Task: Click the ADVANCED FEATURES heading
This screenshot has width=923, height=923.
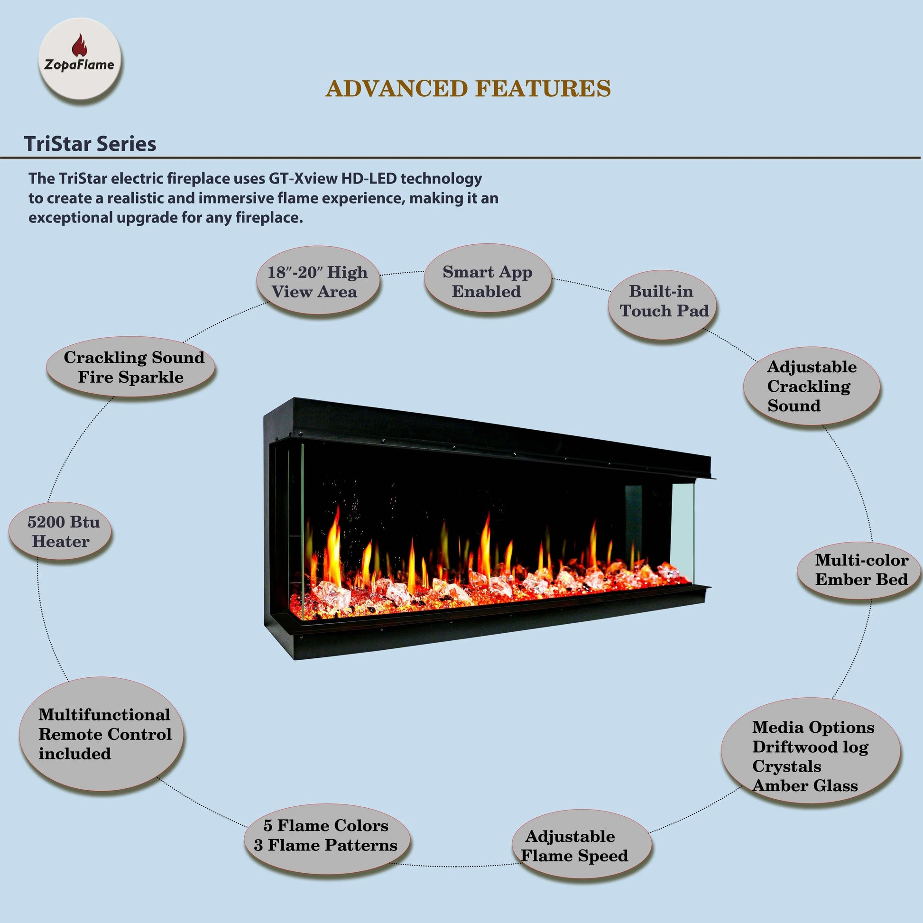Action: pos(468,89)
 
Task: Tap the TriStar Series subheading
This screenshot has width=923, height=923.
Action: pos(90,144)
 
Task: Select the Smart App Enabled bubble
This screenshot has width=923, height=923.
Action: pos(487,281)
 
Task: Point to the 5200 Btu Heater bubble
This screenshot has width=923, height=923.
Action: pos(61,531)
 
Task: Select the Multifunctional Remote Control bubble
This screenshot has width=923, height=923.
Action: pos(103,734)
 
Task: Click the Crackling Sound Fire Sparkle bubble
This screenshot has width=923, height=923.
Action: pos(131,367)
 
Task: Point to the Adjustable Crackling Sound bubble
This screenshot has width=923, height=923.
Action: pos(812,386)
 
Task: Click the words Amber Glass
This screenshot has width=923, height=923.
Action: pos(805,785)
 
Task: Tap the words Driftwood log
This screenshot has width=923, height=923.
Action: pos(810,747)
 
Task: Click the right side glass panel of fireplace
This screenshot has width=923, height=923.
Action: pos(683,530)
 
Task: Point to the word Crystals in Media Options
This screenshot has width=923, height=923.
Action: pos(786,766)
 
